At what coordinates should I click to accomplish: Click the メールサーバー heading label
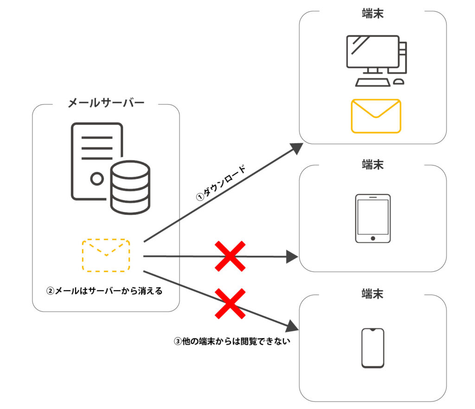coord(106,103)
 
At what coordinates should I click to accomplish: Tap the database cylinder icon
coord(130,187)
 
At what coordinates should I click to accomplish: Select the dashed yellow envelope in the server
coord(106,255)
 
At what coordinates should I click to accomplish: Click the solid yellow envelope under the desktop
coord(376,116)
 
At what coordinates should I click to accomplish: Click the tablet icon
coord(372,218)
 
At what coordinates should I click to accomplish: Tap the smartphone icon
coord(372,348)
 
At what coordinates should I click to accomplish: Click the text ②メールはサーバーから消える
coord(104,292)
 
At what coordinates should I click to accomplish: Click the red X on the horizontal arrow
coord(230,256)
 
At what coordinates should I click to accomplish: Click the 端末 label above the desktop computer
coord(372,13)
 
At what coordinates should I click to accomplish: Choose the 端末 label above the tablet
coord(372,164)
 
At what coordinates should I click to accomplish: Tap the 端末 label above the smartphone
coord(372,294)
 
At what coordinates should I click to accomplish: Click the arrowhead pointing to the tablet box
coord(292,256)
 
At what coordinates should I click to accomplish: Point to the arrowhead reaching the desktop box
coord(295,148)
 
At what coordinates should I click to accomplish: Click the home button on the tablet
coord(372,238)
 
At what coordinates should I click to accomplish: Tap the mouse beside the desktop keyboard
coord(398,82)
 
